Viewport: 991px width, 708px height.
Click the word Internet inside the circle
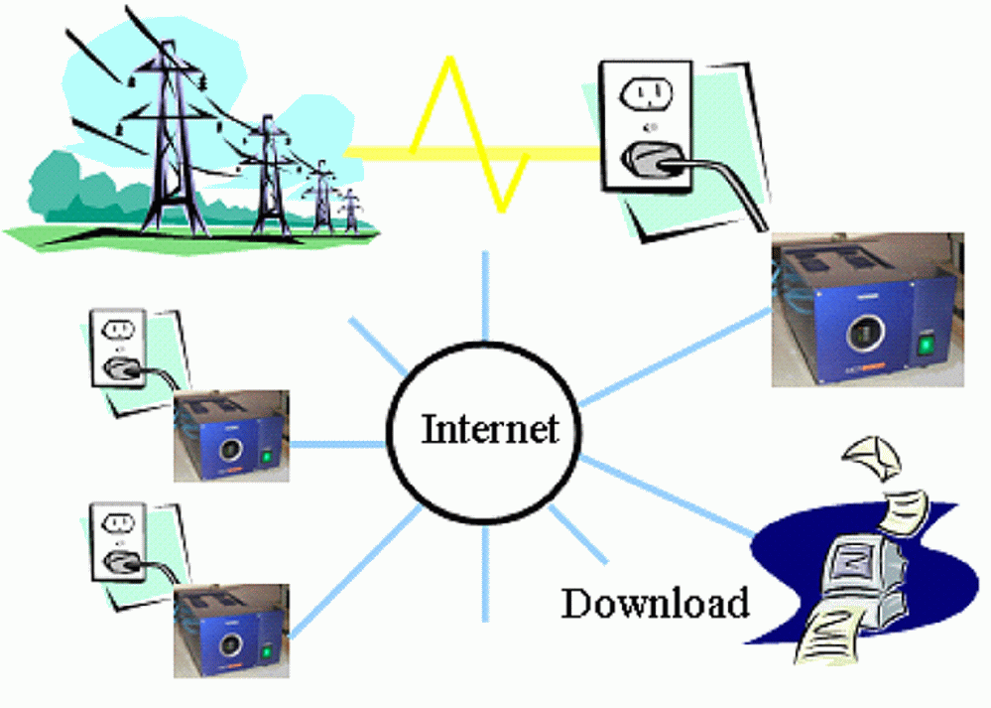click(490, 430)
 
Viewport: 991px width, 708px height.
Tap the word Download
click(655, 603)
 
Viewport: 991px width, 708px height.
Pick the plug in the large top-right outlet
click(649, 159)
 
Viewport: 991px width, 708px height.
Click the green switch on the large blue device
click(925, 345)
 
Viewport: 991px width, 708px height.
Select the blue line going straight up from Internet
click(485, 298)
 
